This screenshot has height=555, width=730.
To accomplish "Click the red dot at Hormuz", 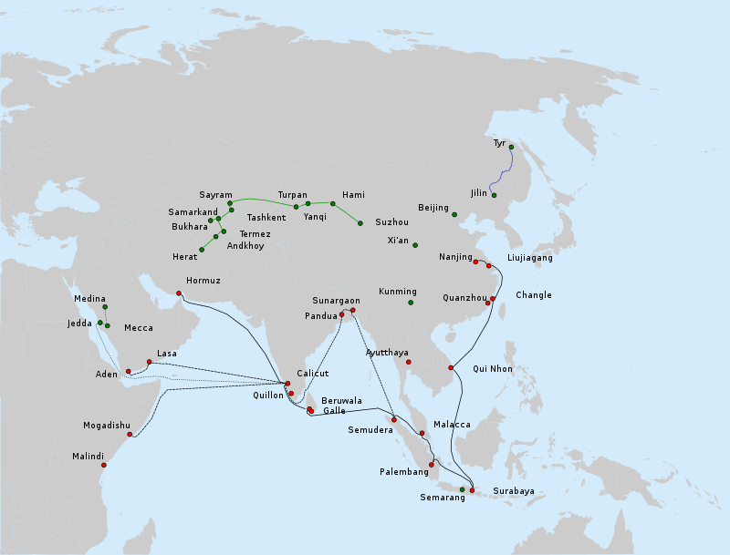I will [x=179, y=293].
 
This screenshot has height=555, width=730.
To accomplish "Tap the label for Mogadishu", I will [x=108, y=426].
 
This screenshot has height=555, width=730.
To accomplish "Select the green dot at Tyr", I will [x=511, y=147].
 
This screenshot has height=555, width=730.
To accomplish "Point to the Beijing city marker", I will [x=454, y=214].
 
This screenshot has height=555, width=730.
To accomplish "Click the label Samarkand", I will [x=193, y=212].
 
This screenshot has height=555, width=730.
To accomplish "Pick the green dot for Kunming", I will [x=411, y=303].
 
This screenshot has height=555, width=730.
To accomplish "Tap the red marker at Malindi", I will [x=104, y=466].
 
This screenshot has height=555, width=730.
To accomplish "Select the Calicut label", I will [x=313, y=374].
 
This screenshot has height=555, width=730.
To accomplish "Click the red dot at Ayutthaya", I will [x=408, y=362].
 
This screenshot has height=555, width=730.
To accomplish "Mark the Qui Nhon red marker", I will [x=451, y=367].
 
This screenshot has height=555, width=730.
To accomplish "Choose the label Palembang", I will [x=404, y=472].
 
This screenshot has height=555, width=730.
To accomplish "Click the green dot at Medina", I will [x=105, y=307].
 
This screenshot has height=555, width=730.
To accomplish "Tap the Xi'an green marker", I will [x=415, y=245].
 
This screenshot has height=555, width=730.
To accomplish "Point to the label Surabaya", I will [x=513, y=491].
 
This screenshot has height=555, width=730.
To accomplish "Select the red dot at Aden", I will [x=129, y=371].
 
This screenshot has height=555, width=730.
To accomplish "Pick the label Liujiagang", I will [x=529, y=258].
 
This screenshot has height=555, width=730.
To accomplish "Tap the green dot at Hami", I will [x=333, y=203].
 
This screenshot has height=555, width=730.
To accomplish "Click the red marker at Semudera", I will [x=394, y=419].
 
